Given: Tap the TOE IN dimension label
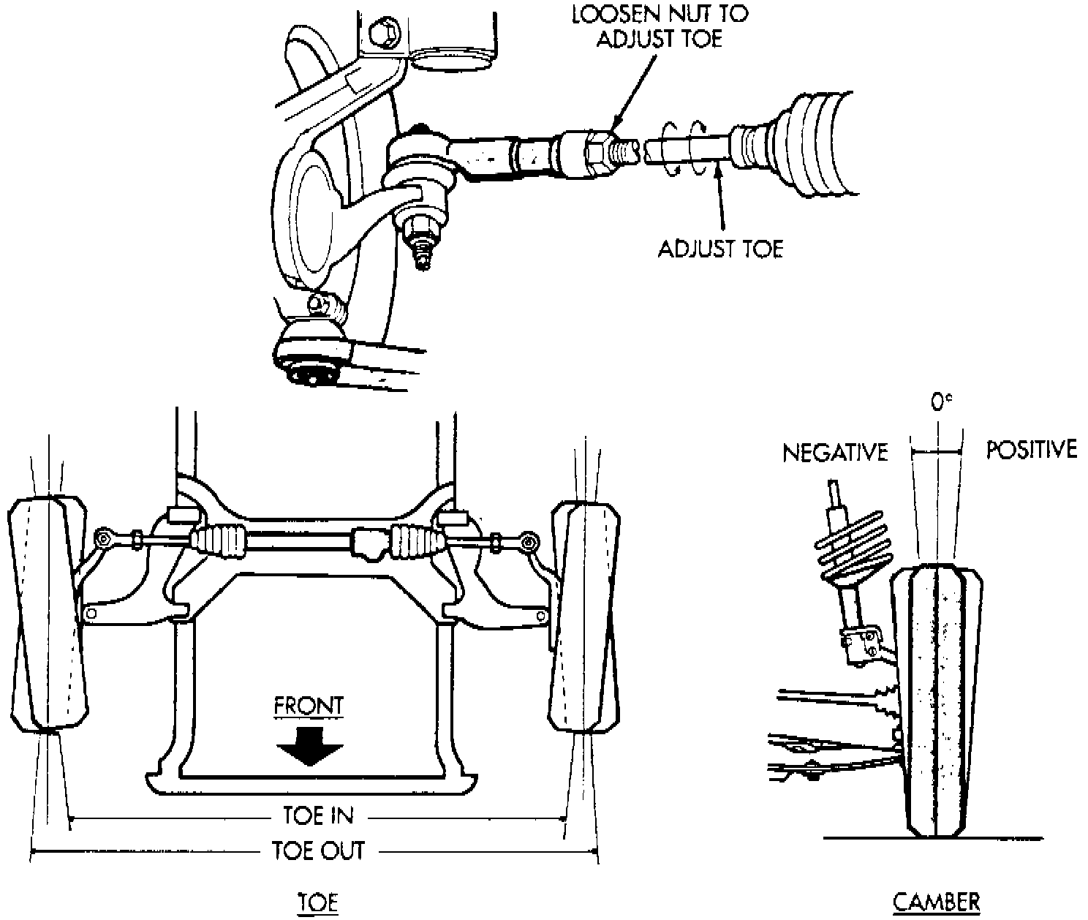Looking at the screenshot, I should tap(317, 815).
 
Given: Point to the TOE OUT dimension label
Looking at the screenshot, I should tap(317, 851).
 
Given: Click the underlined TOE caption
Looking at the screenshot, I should tap(317, 902).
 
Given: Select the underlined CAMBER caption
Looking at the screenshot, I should tap(936, 902).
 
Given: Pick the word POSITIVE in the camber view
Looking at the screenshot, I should tap(1031, 449).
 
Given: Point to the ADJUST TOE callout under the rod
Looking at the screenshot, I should tap(719, 249).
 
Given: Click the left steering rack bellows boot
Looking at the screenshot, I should tap(221, 540).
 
